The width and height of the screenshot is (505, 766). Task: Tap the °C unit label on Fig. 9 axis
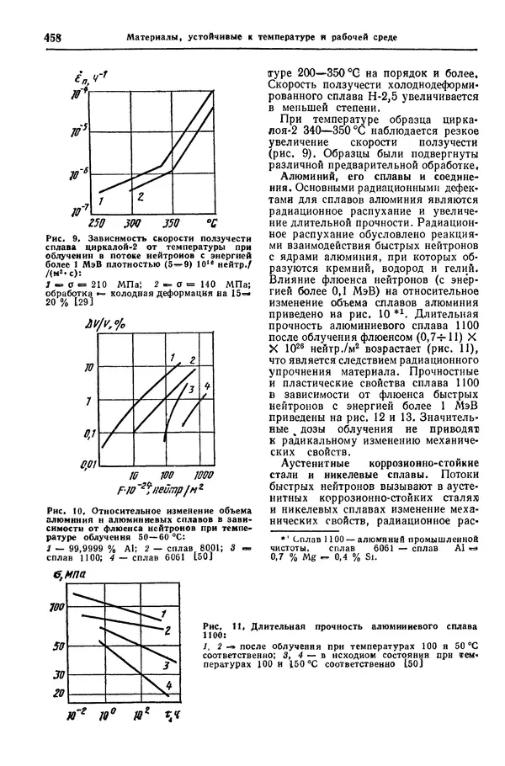[210, 223]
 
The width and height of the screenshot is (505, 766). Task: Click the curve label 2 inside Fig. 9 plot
[140, 197]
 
